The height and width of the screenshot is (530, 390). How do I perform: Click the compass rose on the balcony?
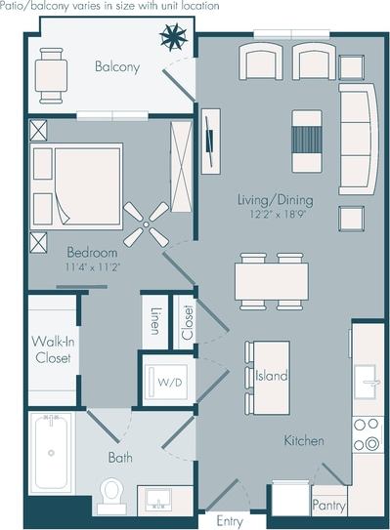[174, 38]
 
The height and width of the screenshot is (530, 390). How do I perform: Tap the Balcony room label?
[117, 67]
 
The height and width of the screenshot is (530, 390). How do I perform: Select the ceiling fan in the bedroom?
[145, 224]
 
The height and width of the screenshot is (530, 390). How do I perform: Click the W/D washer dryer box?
[167, 382]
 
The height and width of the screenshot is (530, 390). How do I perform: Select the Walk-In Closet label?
[52, 348]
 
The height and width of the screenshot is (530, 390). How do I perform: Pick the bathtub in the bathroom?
[50, 453]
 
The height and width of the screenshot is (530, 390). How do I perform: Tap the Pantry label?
[328, 505]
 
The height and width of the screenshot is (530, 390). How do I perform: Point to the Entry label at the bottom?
[230, 521]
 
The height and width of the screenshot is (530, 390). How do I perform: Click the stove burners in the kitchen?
[368, 433]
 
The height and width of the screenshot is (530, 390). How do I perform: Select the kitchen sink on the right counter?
[367, 380]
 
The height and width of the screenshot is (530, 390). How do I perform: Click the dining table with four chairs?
[271, 281]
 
